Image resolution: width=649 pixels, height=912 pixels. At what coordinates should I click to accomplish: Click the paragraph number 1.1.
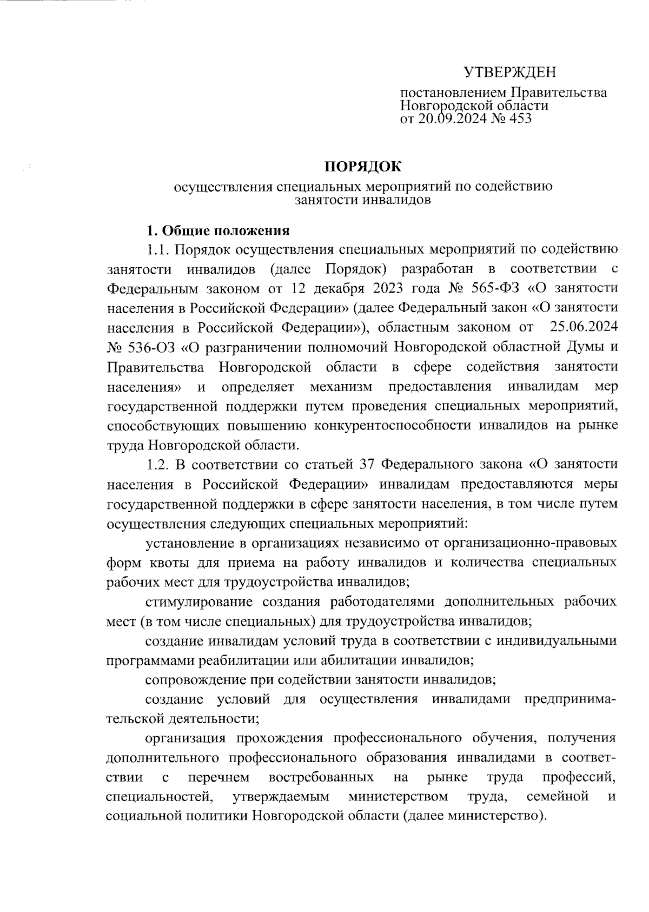[x=159, y=250]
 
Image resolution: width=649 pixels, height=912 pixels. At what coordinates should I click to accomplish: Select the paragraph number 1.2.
[x=159, y=464]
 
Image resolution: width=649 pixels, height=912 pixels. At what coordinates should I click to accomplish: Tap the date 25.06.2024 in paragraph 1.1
[x=583, y=328]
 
